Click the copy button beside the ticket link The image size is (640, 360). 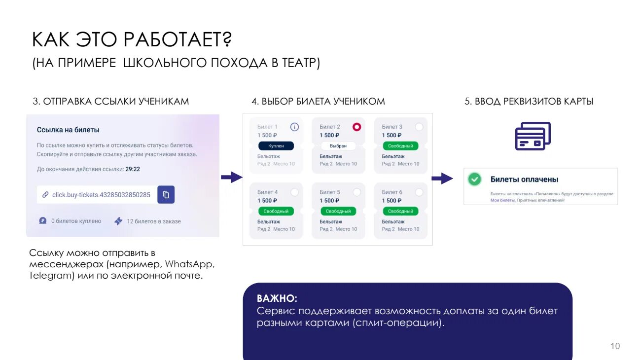coord(166,195)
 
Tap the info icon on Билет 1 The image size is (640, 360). coord(294,127)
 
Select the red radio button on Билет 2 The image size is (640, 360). coord(356,127)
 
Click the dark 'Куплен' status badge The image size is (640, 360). coord(276,146)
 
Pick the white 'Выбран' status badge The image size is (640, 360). coord(338,146)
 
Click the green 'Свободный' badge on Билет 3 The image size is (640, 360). coord(400,146)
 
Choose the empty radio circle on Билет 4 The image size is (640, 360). coord(294,192)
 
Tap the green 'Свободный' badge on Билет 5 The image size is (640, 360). coord(338,211)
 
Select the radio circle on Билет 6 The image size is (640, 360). coord(419,192)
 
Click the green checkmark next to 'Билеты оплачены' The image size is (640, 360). coord(474,180)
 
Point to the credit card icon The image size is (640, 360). coord(533,136)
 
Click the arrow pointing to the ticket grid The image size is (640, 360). coord(231,178)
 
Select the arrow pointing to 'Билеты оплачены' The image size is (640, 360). coord(442,179)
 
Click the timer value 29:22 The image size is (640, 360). coord(133,169)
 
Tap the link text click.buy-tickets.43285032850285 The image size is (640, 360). coord(101,195)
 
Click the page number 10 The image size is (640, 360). coord(615,346)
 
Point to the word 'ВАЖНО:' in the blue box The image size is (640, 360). coord(277,299)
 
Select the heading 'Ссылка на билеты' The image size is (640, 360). coord(68,130)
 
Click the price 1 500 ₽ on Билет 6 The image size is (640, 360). coord(391,201)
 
